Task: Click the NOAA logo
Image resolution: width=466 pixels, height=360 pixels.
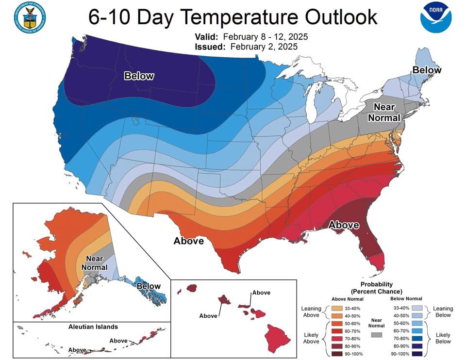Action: click(x=436, y=17)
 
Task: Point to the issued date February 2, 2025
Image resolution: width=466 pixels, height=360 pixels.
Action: click(x=264, y=47)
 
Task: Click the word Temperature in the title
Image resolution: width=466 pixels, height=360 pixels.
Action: click(x=240, y=17)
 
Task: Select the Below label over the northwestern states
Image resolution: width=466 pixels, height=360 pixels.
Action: click(x=139, y=76)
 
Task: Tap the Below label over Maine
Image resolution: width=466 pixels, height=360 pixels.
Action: click(x=427, y=70)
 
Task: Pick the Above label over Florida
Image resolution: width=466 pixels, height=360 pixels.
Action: click(x=344, y=225)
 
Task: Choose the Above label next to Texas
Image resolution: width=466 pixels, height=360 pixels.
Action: click(x=189, y=241)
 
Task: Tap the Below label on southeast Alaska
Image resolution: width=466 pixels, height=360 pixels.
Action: click(x=148, y=286)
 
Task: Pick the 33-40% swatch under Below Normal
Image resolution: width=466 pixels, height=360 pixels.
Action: click(x=416, y=308)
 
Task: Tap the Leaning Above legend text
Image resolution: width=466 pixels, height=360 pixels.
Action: click(x=311, y=311)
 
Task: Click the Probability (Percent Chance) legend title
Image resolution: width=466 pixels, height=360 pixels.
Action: click(x=377, y=287)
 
